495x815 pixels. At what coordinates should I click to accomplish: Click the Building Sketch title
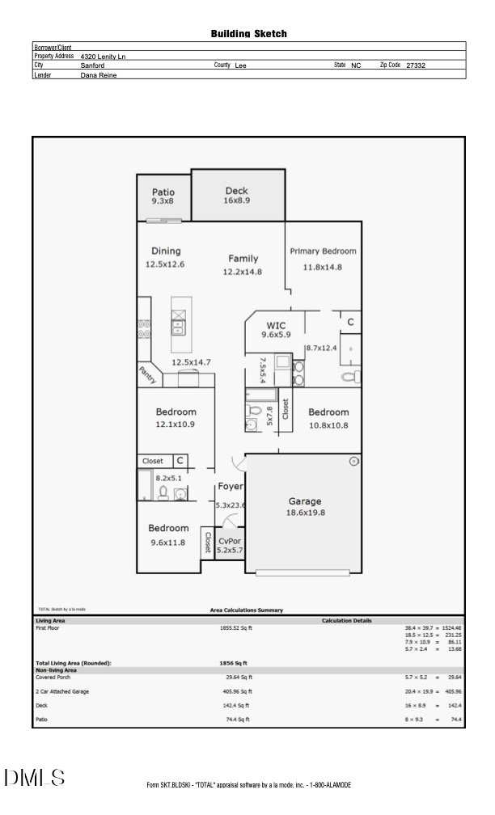pos(248,34)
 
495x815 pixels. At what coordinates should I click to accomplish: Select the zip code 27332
pos(416,65)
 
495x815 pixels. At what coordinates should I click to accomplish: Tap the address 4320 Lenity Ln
pos(103,57)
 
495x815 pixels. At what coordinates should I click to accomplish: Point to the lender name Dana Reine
pos(99,74)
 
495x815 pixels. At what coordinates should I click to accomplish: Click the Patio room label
pos(163,192)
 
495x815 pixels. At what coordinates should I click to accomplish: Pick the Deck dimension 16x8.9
pos(237,200)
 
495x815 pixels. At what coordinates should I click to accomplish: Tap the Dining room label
pos(166,251)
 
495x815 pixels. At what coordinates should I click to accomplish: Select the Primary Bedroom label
pos(323,251)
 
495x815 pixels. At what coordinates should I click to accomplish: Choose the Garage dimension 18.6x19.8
pos(305,513)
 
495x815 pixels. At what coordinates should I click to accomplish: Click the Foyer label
pos(230,487)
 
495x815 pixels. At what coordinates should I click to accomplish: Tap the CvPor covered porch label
pos(230,541)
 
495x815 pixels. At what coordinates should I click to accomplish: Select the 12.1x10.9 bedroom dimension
pos(176,424)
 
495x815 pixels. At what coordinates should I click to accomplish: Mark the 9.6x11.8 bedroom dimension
pos(168,543)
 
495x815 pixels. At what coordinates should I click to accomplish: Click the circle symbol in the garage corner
pos(353,462)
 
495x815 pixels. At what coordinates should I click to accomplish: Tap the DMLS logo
pos(34,778)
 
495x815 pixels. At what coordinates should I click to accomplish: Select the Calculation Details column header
pos(346,620)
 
